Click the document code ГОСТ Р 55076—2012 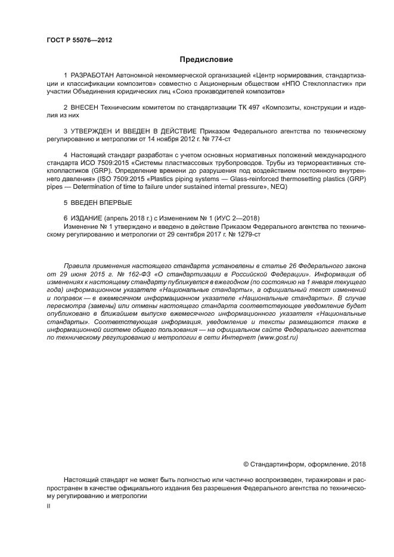click(x=79, y=41)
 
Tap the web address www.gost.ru click(x=275, y=337)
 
